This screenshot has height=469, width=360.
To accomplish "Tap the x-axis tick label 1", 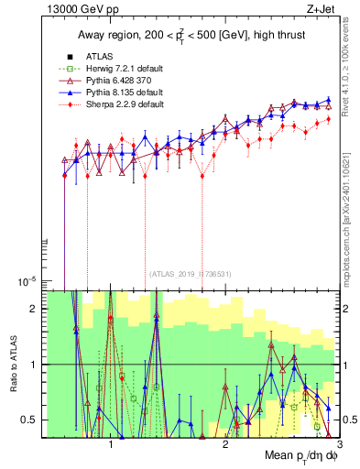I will (x=111, y=443).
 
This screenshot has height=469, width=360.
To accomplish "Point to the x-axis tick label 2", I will (x=225, y=443).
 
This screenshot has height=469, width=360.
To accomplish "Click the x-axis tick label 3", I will (x=338, y=443).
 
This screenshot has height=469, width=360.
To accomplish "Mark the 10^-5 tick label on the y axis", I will (x=27, y=280).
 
